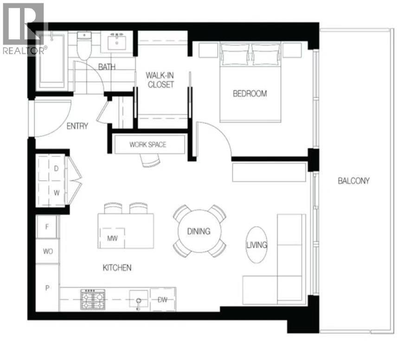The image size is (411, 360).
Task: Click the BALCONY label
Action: tap(353, 181)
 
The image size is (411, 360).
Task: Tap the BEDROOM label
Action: tap(250, 94)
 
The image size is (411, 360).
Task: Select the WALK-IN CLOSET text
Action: tap(160, 80)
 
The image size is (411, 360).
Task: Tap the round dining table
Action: tap(199, 231)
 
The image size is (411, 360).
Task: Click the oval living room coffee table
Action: tap(257, 244)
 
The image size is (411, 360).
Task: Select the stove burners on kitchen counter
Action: tap(93, 300)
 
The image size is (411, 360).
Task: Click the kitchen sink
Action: tap(138, 299)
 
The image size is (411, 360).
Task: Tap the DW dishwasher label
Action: tap(162, 300)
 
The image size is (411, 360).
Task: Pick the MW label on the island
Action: tap(111, 239)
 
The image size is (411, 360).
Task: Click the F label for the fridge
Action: tap(48, 227)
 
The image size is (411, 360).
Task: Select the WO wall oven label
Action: tap(48, 251)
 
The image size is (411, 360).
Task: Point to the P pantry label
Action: tap(47, 288)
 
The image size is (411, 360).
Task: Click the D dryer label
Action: tap(56, 169)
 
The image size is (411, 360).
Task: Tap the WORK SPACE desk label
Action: tap(148, 145)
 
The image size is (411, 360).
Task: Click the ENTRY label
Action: tap(77, 126)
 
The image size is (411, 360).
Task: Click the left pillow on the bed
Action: tap(235, 54)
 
